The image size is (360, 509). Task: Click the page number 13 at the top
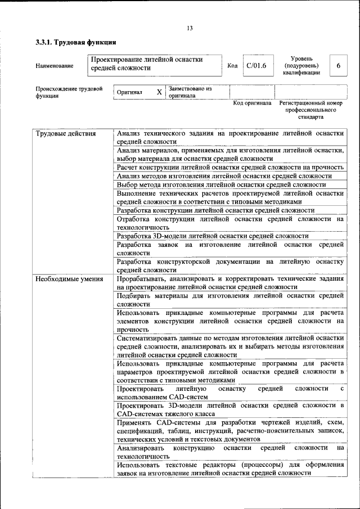point(190,29)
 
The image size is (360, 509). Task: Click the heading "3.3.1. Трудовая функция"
point(76,42)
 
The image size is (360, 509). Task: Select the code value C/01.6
point(256,66)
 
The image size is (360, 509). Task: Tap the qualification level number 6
point(338,66)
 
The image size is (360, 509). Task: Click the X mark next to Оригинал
point(159,92)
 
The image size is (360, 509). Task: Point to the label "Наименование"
point(55,66)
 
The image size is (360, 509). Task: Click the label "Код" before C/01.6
point(232,66)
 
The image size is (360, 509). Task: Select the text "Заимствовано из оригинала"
point(190,92)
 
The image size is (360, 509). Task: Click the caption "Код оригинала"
point(252,103)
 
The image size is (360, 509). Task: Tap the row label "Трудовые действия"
point(66,134)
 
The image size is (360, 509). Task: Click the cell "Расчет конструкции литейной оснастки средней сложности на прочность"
point(230,168)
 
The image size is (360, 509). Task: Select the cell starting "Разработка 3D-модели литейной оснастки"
point(213,236)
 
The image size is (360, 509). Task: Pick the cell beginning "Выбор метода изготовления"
point(217,184)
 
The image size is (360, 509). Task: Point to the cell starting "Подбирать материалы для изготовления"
point(230,299)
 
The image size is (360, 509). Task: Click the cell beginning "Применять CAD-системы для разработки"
point(230,430)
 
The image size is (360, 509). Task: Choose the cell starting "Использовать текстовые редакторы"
point(230,469)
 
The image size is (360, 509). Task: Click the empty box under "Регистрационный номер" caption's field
point(310,91)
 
